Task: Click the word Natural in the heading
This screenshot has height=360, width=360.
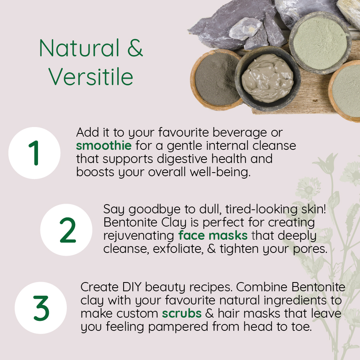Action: click(79, 48)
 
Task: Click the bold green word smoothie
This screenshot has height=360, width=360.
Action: click(104, 145)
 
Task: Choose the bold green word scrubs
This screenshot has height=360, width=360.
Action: click(182, 313)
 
